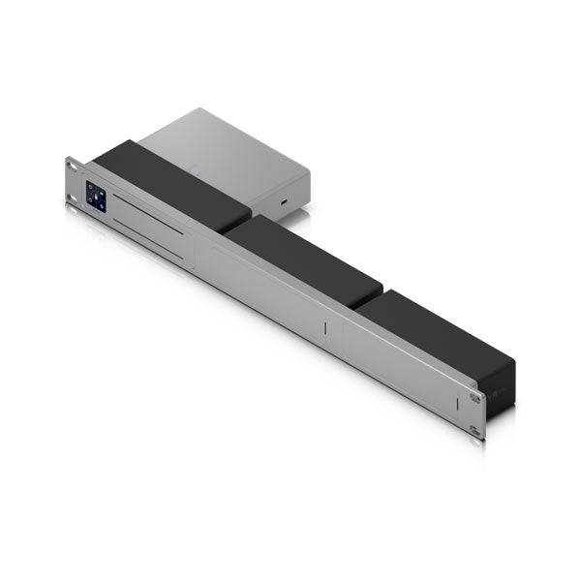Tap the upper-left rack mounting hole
[74, 169]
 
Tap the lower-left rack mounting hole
[74, 201]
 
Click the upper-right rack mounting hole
[474, 398]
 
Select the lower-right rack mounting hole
[474, 429]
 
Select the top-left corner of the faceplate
[68, 158]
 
